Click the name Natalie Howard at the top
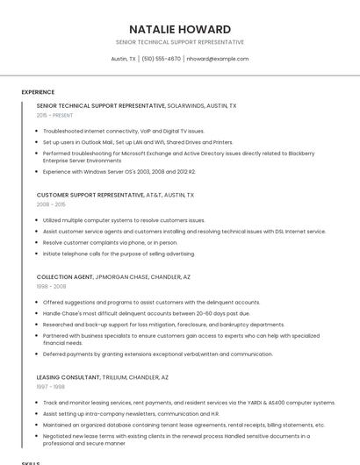coord(179,29)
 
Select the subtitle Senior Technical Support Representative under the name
coord(179,42)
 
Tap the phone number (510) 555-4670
coord(161,59)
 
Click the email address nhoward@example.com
coord(218,59)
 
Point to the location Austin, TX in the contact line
coord(123,59)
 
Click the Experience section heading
coord(38,92)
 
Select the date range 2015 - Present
coord(55,115)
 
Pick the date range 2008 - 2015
coord(51,204)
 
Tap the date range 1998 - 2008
coord(51,286)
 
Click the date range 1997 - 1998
coord(51,386)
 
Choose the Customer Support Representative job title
coord(83,195)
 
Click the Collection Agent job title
coord(64,277)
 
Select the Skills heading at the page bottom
coord(31,461)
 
